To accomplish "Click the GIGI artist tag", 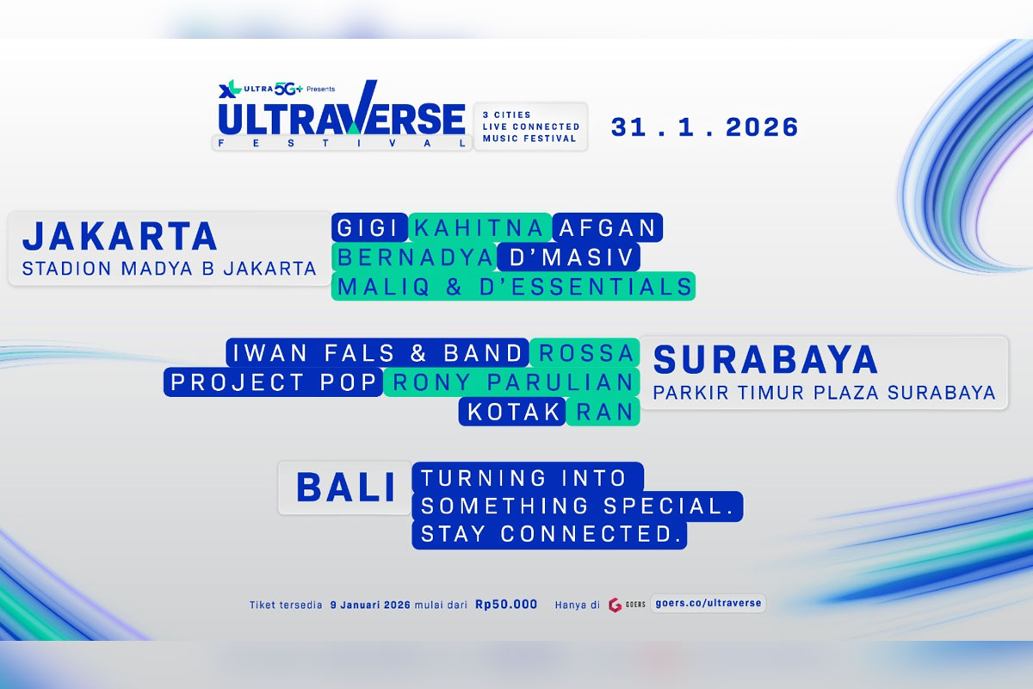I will tap(368, 228).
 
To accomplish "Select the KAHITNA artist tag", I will tap(479, 228).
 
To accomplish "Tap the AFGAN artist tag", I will tap(608, 228).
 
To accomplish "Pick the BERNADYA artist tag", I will tap(414, 258).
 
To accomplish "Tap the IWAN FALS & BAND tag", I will tap(377, 353).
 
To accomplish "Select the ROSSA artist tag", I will tap(585, 353).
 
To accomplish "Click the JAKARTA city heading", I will tap(120, 236).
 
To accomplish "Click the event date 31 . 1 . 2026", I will tap(705, 127).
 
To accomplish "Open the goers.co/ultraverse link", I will tap(708, 604).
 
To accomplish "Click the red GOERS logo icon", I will tap(615, 605).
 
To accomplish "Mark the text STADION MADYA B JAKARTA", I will tap(170, 269).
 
